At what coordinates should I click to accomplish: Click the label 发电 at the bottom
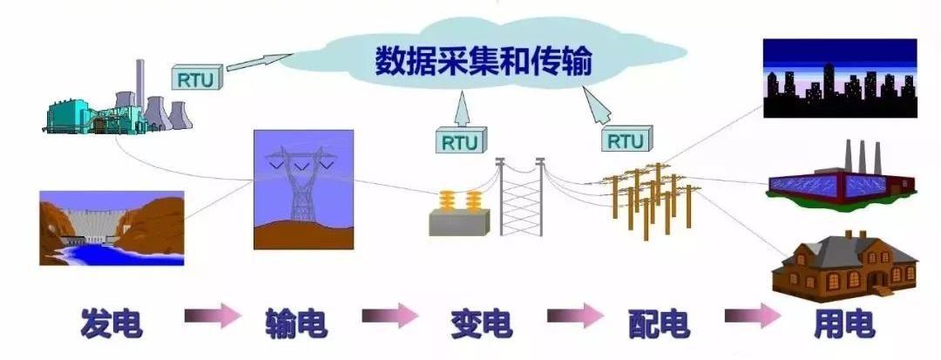click(x=111, y=323)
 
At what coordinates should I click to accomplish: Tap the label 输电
click(x=296, y=323)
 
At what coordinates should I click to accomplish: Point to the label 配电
click(x=659, y=323)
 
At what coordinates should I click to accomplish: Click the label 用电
click(x=843, y=323)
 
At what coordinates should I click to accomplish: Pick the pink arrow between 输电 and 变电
click(x=389, y=315)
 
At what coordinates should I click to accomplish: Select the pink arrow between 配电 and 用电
click(x=753, y=316)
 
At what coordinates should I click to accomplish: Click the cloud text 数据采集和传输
click(x=484, y=63)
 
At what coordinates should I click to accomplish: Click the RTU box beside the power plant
click(x=198, y=79)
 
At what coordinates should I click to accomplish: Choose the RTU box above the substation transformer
click(x=459, y=141)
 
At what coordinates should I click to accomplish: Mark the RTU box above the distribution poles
click(x=625, y=140)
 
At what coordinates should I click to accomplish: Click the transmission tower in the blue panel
click(x=302, y=187)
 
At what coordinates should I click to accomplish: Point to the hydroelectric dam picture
click(x=112, y=228)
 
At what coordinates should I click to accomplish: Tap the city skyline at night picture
click(x=839, y=78)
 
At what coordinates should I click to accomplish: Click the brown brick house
click(x=844, y=265)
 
